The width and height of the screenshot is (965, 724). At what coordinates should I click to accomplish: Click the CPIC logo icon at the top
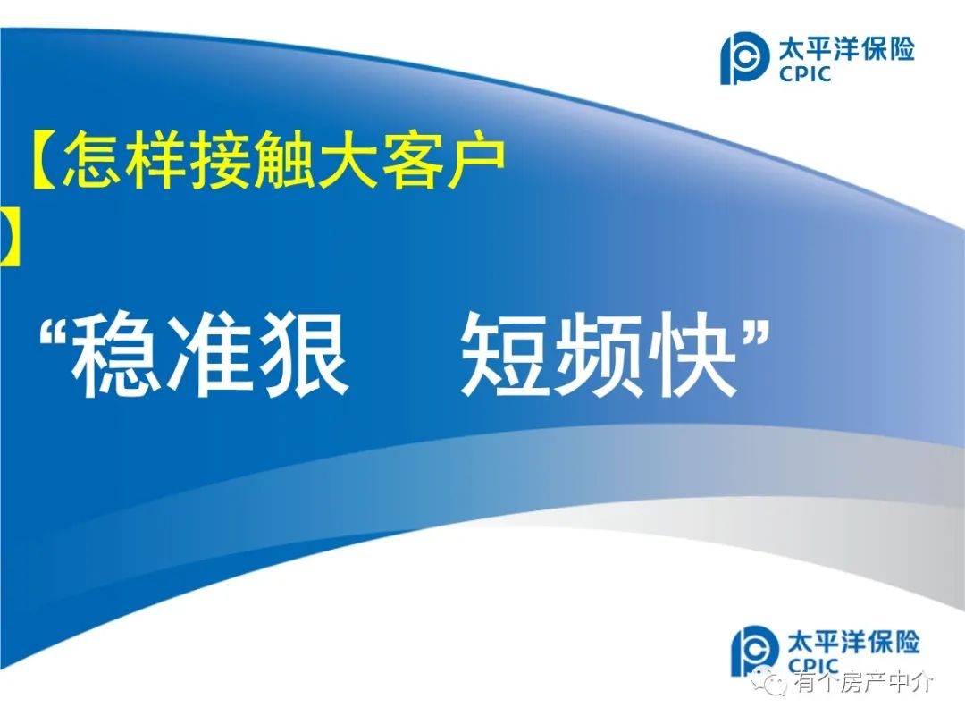click(x=744, y=58)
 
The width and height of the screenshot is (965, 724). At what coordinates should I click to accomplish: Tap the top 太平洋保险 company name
click(x=847, y=49)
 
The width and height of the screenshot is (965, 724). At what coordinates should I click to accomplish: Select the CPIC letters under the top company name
click(x=805, y=74)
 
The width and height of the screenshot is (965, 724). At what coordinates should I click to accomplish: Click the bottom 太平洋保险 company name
click(x=853, y=642)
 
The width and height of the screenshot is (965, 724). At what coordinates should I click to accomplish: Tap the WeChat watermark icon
click(x=774, y=681)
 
